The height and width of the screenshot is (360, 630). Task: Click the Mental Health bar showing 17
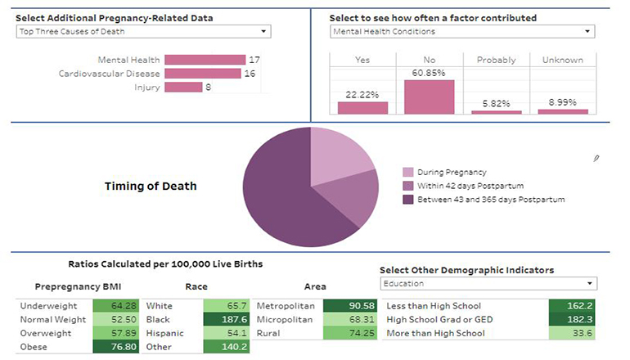coord(205,60)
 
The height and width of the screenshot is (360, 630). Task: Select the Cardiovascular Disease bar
coord(202,74)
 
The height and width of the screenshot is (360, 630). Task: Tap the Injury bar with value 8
coord(183,88)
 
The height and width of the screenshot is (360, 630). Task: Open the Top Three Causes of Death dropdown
coord(143,31)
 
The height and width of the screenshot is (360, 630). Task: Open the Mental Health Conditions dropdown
coord(462,31)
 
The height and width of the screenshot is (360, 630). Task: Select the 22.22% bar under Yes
coord(362,107)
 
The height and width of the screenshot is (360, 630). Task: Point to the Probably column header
coord(496,60)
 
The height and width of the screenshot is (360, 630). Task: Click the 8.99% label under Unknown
coord(562,102)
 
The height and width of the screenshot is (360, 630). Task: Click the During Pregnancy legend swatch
coord(407,173)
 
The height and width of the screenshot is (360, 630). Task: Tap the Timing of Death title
coord(151,186)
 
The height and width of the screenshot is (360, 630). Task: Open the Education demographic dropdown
coord(488,284)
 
